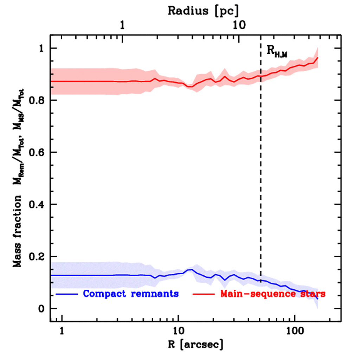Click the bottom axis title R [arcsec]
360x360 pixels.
click(195, 344)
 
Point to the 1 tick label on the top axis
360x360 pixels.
click(122, 26)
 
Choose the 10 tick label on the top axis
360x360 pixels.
click(239, 26)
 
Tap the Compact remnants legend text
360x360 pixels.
click(131, 294)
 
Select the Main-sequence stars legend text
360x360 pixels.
click(273, 294)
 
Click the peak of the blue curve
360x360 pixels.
click(192, 270)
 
